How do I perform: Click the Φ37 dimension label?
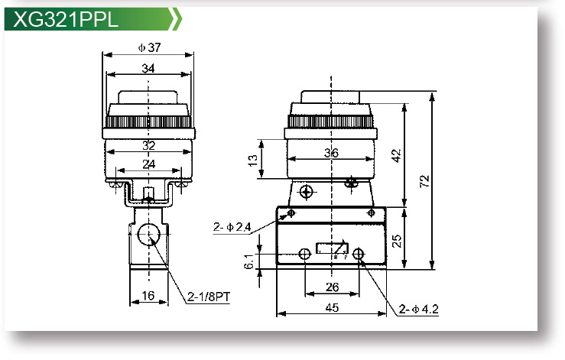149,47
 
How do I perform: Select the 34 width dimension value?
149,68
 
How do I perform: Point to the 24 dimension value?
149,163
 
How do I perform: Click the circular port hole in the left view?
148,237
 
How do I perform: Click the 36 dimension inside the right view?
331,152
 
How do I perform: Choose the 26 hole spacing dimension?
333,287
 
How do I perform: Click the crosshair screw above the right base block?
307,191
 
